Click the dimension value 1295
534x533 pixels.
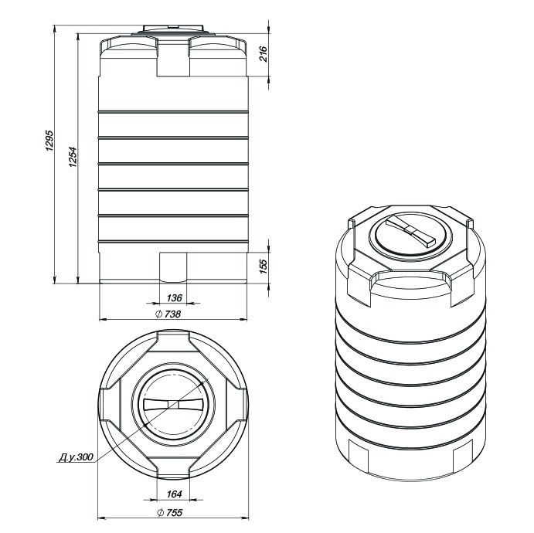pos(49,141)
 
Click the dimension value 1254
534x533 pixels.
pos(73,157)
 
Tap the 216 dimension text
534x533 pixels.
pos(264,54)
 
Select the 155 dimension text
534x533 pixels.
pos(264,266)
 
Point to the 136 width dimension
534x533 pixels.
pos(174,298)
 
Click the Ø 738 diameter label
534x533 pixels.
pos(168,314)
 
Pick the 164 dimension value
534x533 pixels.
pos(174,494)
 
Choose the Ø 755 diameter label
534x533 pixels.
pos(170,512)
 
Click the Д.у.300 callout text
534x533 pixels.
pos(76,457)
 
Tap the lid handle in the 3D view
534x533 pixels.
pos(410,231)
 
